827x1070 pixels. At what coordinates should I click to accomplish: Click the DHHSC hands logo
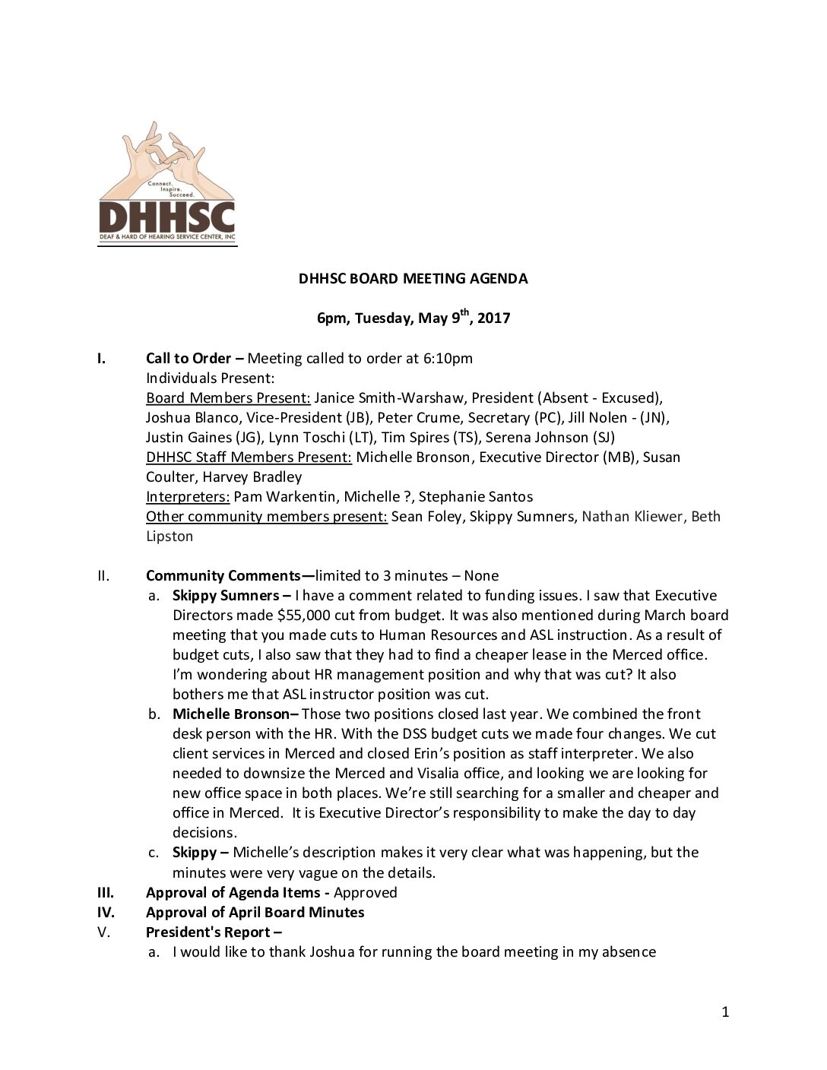click(x=167, y=184)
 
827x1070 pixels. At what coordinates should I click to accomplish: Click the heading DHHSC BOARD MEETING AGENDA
click(x=413, y=279)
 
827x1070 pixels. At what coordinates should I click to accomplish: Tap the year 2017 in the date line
click(x=493, y=318)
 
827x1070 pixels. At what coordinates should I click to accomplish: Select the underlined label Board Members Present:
click(x=227, y=398)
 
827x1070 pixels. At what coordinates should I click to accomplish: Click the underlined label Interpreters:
click(x=188, y=497)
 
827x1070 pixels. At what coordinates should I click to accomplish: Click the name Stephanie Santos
click(x=475, y=497)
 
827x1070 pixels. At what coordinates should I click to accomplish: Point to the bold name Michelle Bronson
click(x=231, y=714)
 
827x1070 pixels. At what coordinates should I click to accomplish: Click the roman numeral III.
click(x=106, y=892)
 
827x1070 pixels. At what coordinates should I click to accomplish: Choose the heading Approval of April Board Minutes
click(x=255, y=912)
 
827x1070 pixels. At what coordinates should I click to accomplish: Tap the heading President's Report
click(x=208, y=932)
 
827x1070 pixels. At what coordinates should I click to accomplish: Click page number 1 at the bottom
click(x=725, y=1011)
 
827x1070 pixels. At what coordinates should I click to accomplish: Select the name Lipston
click(x=170, y=537)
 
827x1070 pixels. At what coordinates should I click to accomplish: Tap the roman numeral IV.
click(x=106, y=912)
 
